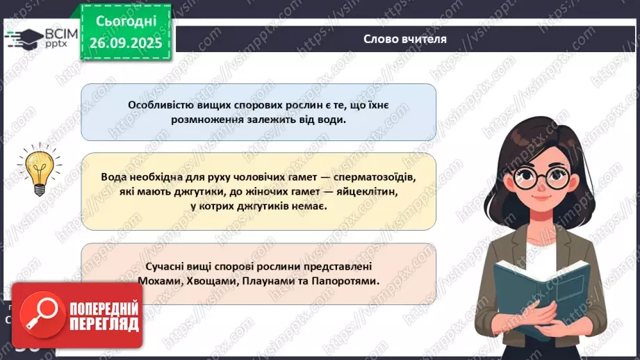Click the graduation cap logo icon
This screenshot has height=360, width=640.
point(24,37)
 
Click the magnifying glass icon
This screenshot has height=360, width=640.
point(40,312)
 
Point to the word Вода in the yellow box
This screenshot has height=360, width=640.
point(114,177)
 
